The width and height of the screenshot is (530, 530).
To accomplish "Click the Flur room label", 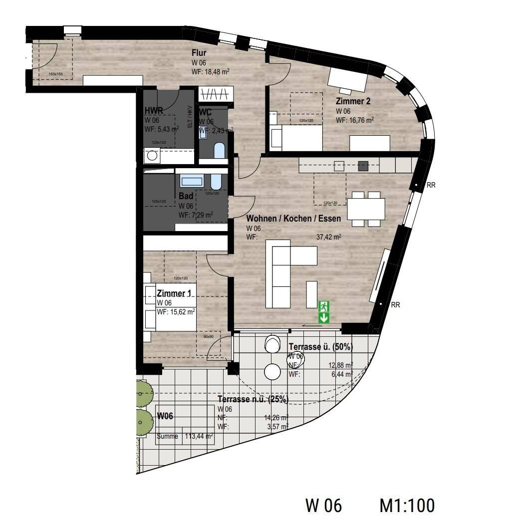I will click(199, 53).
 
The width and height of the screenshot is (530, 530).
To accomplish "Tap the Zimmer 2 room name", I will click(353, 101).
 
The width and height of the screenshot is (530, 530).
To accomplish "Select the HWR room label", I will click(153, 111).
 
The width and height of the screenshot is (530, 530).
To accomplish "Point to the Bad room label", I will click(186, 196).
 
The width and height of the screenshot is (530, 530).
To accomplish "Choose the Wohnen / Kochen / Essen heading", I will click(294, 219).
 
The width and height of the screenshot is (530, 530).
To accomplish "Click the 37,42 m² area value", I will click(329, 237).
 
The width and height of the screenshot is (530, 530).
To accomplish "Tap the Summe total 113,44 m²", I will click(199, 436).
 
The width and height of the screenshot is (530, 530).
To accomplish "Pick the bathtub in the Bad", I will click(192, 181).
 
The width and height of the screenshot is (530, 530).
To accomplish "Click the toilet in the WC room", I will click(219, 150).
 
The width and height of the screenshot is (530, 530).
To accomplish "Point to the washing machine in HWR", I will click(152, 156).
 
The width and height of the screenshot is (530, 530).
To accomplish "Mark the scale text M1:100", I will click(407, 505).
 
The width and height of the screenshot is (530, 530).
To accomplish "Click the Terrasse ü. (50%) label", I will click(321, 347).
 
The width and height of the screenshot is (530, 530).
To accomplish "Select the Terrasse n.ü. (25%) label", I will click(253, 399).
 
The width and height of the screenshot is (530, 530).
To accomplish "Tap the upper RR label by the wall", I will click(431, 185).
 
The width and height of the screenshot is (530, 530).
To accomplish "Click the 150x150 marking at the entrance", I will click(56, 75).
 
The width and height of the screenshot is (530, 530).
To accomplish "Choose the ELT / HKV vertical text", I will click(190, 117).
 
